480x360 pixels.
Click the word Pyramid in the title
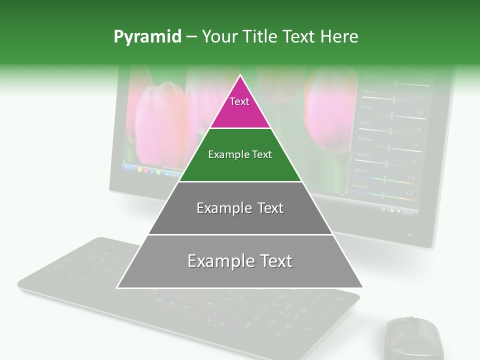(147, 37)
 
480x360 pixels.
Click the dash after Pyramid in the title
(191, 37)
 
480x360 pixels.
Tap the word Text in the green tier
(261, 154)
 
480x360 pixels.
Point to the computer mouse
(414, 338)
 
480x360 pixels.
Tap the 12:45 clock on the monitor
(407, 213)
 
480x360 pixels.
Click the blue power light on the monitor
(410, 234)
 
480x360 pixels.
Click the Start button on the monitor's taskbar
(129, 168)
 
